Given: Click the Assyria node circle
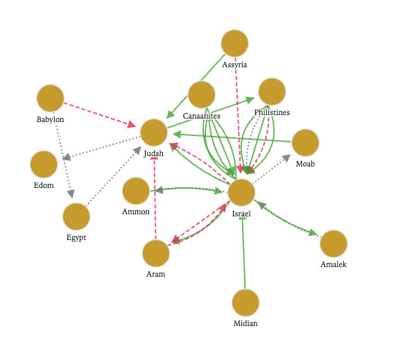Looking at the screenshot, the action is (234, 43).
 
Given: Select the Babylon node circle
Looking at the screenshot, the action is (51, 98).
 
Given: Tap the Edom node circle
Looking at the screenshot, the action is (44, 164).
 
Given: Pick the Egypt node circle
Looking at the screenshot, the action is (76, 216).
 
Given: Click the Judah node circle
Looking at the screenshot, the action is (154, 132).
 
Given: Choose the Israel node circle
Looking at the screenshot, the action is (241, 192).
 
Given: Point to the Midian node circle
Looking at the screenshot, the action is (245, 302).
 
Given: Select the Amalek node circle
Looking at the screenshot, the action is (334, 243).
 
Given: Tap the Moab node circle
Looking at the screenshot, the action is (305, 142).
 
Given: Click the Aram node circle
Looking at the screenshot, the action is (156, 253).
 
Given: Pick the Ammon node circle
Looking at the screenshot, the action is (136, 191).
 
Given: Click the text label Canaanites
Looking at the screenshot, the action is (202, 116).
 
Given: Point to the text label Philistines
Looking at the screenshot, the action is (272, 112).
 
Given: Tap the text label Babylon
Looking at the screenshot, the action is (51, 119).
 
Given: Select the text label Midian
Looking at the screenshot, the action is (245, 323).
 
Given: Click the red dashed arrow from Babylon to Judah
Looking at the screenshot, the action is (100, 114).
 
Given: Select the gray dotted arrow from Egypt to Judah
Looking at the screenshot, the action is (114, 176).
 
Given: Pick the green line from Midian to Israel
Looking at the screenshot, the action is (243, 253).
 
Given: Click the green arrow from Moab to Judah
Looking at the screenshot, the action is (232, 138).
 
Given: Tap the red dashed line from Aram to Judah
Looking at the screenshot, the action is (155, 198).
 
